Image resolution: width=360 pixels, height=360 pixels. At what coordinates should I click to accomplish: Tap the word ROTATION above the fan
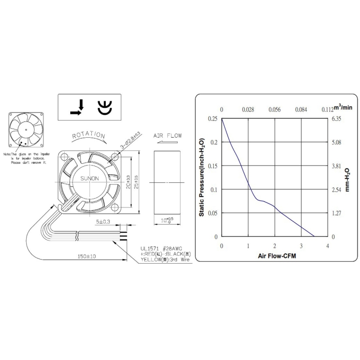pyautogui.click(x=89, y=135)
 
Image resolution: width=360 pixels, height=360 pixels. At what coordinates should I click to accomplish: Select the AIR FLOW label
pyautogui.click(x=167, y=135)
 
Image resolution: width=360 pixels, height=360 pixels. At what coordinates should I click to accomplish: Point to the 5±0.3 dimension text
pyautogui.click(x=103, y=221)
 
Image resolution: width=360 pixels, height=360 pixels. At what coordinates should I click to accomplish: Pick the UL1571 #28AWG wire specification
pyautogui.click(x=161, y=248)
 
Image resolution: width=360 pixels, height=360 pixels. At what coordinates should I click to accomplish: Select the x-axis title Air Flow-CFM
pyautogui.click(x=274, y=256)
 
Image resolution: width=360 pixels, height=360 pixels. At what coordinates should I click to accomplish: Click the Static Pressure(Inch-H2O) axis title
pyautogui.click(x=202, y=178)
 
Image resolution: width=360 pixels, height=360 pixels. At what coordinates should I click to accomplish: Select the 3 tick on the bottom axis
pyautogui.click(x=301, y=246)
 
